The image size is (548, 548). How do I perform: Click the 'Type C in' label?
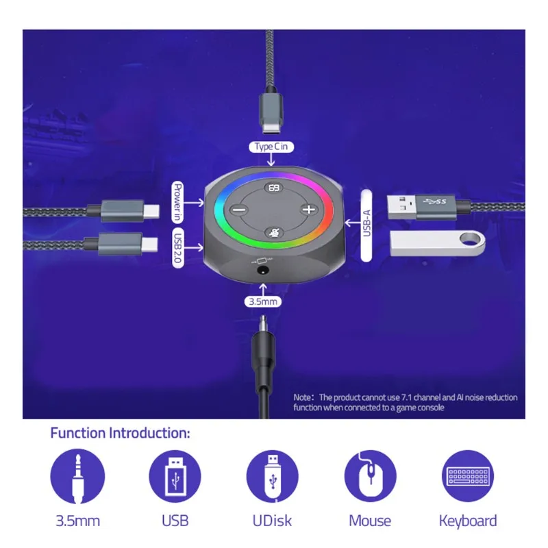pyautogui.click(x=271, y=147)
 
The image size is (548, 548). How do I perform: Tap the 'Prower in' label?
pyautogui.click(x=178, y=202)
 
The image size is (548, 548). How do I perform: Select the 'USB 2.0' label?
pyautogui.click(x=178, y=248)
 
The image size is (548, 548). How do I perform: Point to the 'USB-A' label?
pyautogui.click(x=366, y=225)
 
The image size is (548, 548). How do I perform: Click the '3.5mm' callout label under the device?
pyautogui.click(x=263, y=301)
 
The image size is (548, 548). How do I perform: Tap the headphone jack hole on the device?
pyautogui.click(x=263, y=271)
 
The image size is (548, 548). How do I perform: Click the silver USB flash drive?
pyautogui.click(x=438, y=243)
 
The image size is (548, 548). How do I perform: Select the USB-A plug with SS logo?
pyautogui.click(x=422, y=208)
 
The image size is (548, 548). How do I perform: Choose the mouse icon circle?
pyautogui.click(x=371, y=476)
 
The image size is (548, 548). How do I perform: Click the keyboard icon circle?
pyautogui.click(x=468, y=476)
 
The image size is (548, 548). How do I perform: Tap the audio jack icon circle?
pyautogui.click(x=77, y=476)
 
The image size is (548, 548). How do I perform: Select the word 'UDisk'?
pyautogui.click(x=272, y=521)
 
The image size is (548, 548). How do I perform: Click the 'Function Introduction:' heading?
pyautogui.click(x=121, y=433)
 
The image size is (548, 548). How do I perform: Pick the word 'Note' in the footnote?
pyautogui.click(x=302, y=397)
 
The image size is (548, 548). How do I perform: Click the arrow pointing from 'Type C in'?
pyautogui.click(x=271, y=160)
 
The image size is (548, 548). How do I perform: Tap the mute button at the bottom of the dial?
pyautogui.click(x=273, y=232)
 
